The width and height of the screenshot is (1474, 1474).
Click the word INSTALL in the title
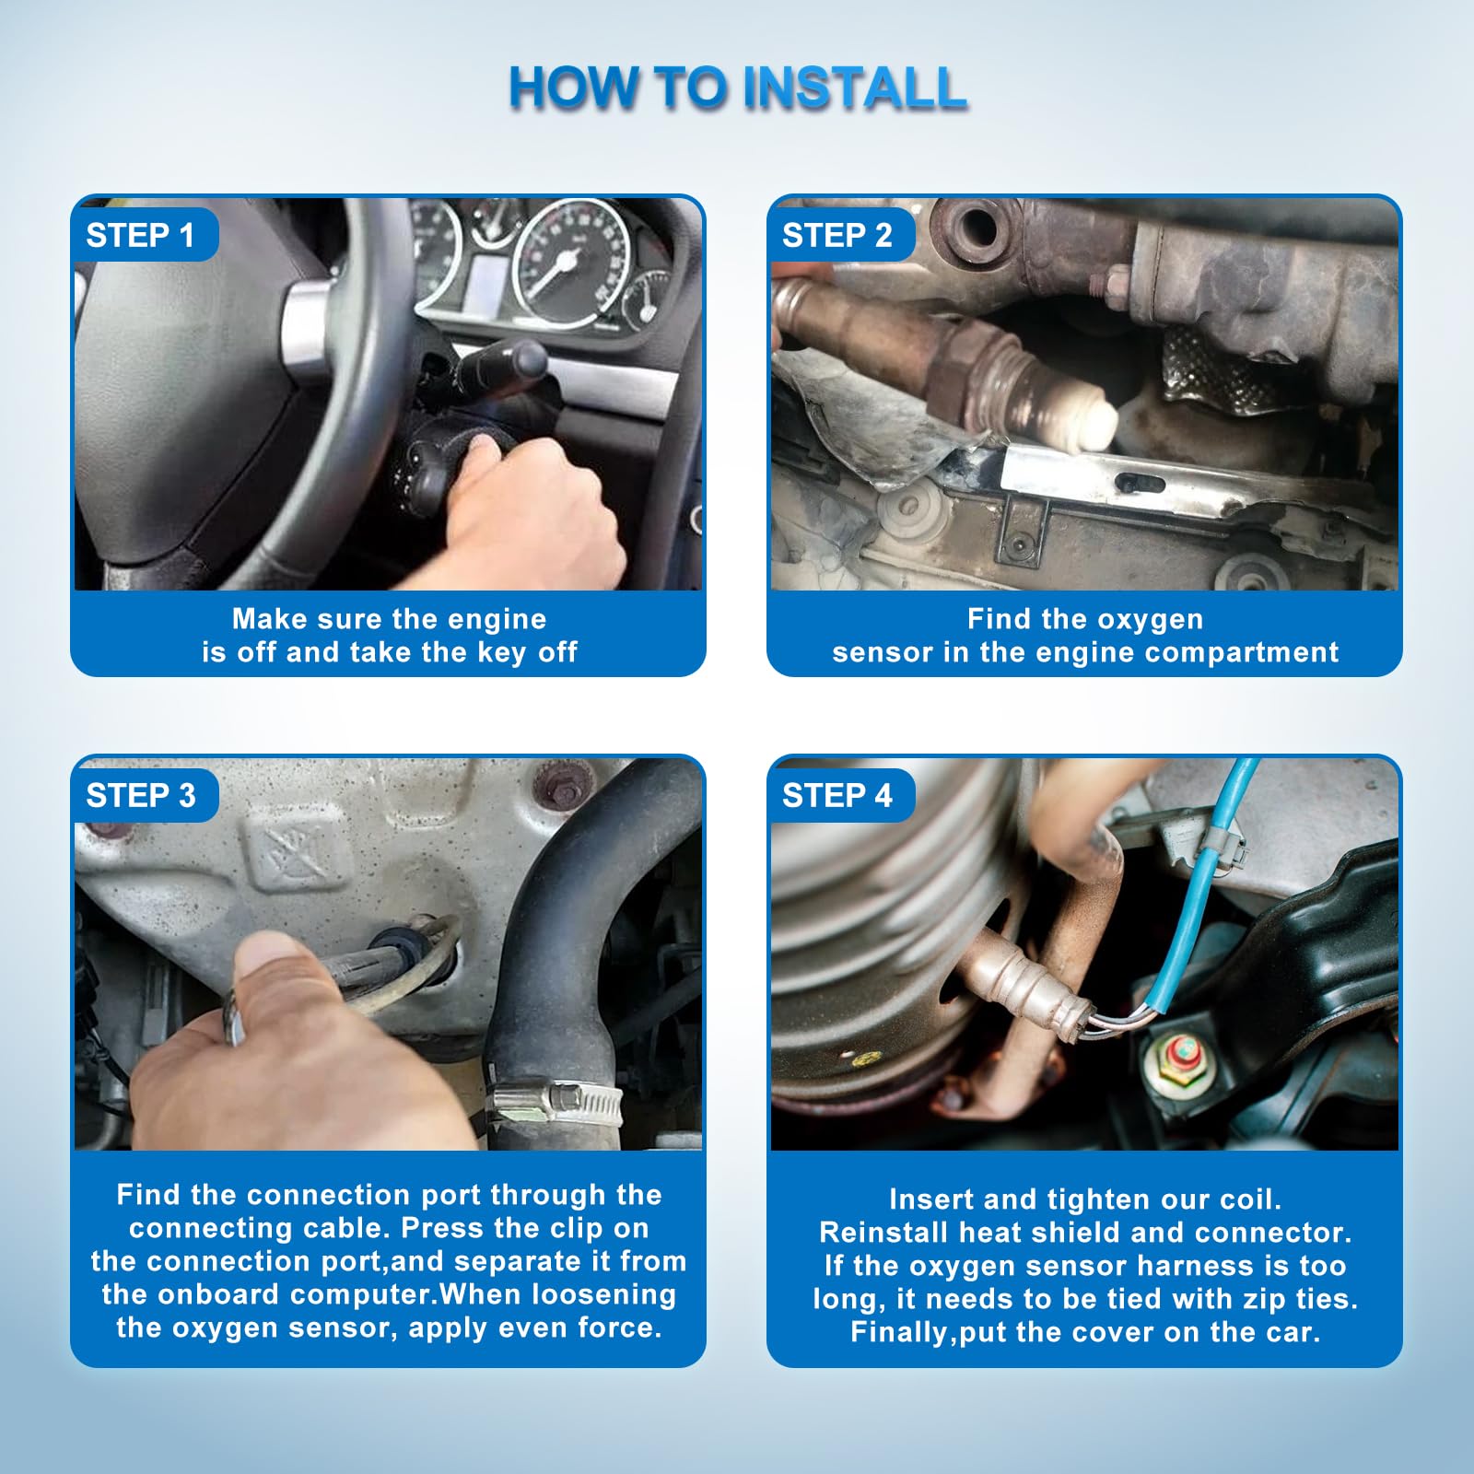tap(854, 88)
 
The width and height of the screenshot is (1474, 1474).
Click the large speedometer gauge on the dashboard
tap(570, 263)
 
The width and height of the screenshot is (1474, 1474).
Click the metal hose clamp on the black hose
tap(553, 1102)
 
